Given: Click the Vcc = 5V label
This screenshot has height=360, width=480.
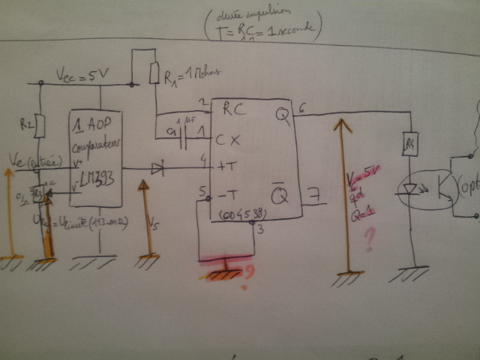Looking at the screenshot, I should (x=82, y=75).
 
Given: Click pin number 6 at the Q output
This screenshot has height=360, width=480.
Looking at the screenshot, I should (x=301, y=109).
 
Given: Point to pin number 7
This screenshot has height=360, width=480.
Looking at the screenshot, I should (x=316, y=196).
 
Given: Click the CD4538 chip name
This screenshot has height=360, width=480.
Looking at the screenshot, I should (x=241, y=216).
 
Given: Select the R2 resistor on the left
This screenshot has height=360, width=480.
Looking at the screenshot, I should (x=40, y=126).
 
